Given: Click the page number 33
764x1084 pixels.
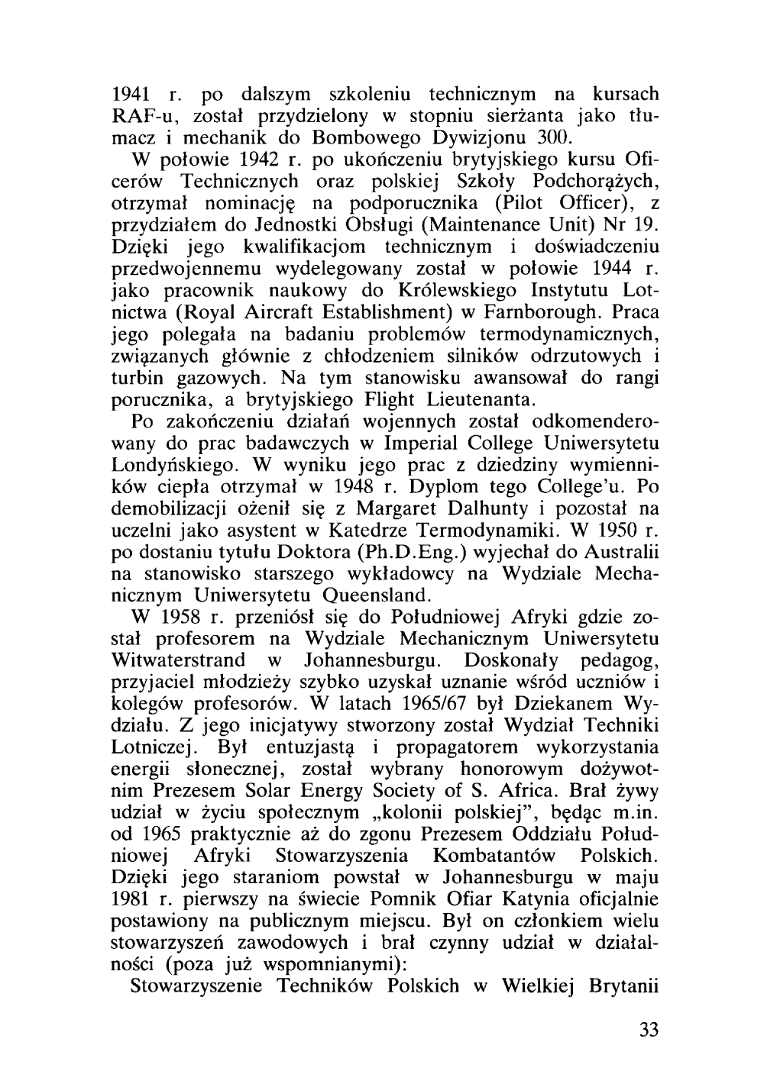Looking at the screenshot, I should [x=648, y=1029].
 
